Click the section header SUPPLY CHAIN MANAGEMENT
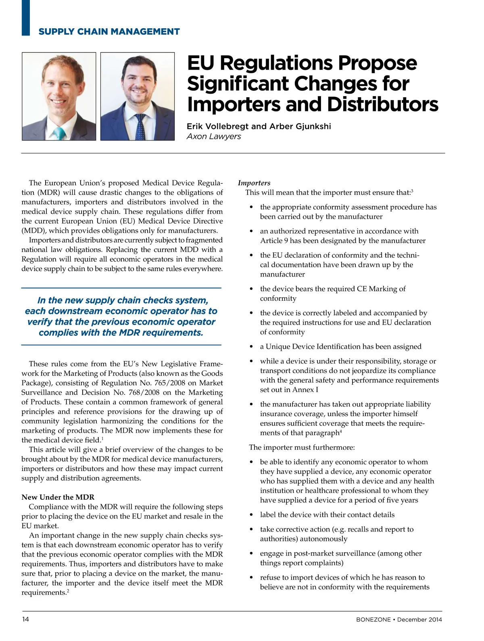click(x=109, y=31)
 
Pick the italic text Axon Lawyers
click(x=214, y=136)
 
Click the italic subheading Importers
click(x=254, y=183)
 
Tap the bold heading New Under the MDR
click(x=58, y=497)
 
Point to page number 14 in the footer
click(x=25, y=619)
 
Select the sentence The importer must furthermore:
click(x=302, y=447)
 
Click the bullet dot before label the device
click(x=252, y=515)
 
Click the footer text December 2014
click(x=419, y=620)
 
